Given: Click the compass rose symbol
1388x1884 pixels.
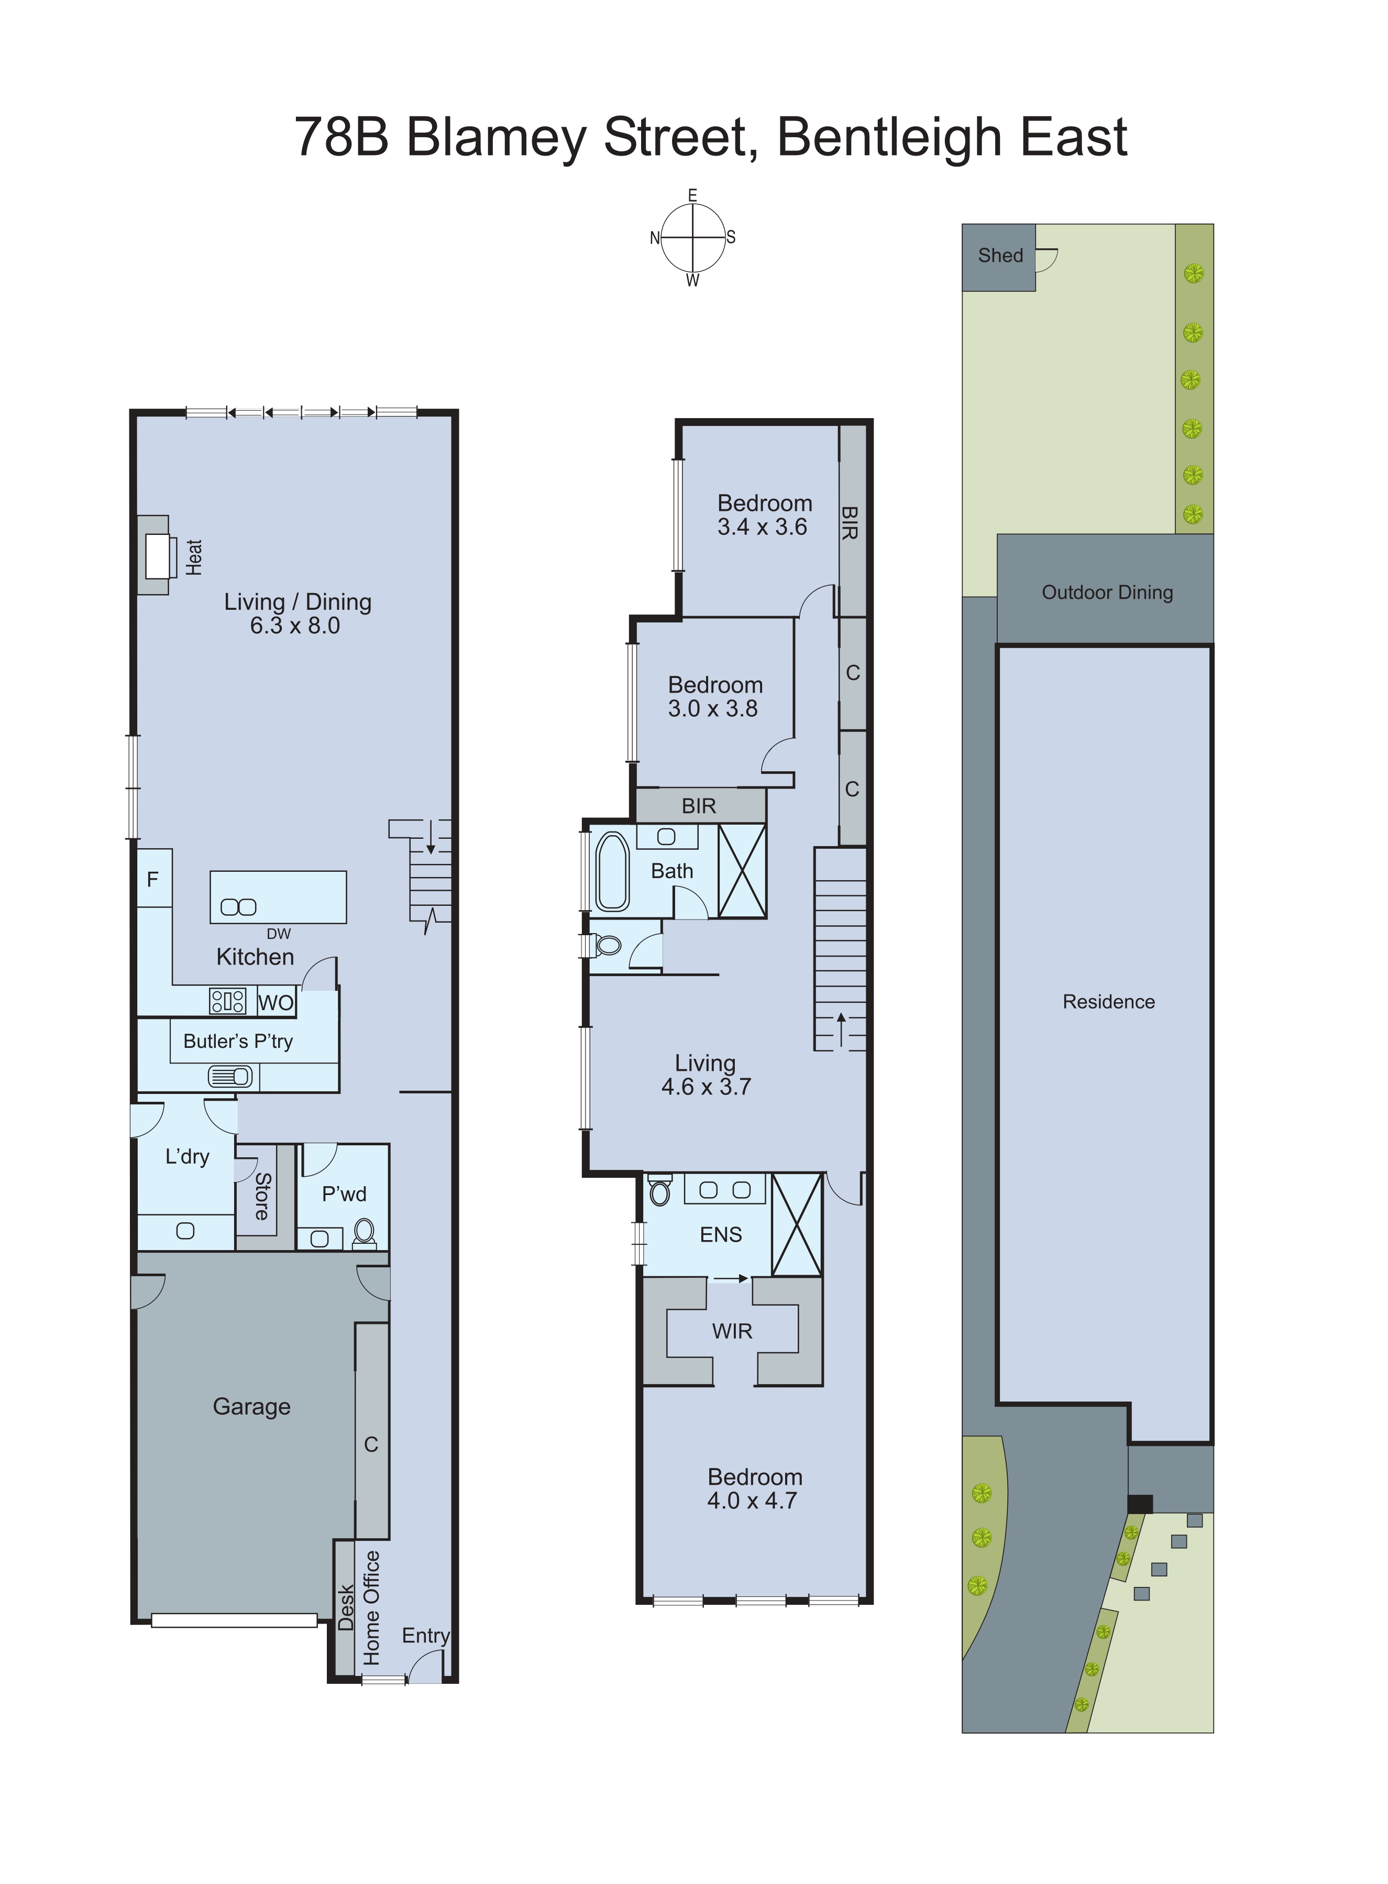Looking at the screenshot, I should pyautogui.click(x=692, y=238).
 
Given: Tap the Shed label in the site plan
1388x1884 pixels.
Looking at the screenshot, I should pyautogui.click(x=1000, y=256).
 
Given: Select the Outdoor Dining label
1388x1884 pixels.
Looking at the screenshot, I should pyautogui.click(x=1107, y=593).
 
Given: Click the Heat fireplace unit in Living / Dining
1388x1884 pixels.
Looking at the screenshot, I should pyautogui.click(x=156, y=555).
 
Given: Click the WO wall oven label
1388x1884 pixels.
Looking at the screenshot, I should pyautogui.click(x=276, y=1002).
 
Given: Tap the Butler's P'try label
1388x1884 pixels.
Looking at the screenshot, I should pyautogui.click(x=238, y=1041).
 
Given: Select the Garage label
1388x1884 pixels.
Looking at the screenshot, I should pyautogui.click(x=251, y=1406).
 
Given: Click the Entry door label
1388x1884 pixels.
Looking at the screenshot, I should pyautogui.click(x=425, y=1635).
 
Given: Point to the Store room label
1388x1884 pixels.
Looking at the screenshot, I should pyautogui.click(x=262, y=1196).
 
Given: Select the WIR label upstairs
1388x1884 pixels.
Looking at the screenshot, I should pyautogui.click(x=732, y=1331).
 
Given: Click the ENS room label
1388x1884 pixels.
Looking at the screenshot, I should pyautogui.click(x=721, y=1234).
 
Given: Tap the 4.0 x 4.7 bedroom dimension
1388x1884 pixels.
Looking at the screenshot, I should pyautogui.click(x=752, y=1501).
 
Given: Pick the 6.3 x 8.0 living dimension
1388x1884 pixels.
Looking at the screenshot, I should pyautogui.click(x=295, y=625).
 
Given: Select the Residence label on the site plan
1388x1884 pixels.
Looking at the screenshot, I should pyautogui.click(x=1108, y=1002).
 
